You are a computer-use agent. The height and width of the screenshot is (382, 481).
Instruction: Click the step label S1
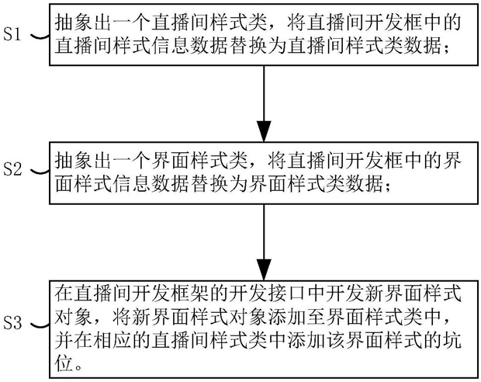tap(12, 33)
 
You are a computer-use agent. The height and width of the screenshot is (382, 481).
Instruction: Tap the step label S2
tap(12, 168)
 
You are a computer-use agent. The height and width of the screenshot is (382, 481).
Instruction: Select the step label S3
tap(12, 323)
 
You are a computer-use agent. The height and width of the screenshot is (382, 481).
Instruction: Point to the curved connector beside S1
tap(40, 36)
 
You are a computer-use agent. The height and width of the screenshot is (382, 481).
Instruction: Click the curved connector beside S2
tap(40, 172)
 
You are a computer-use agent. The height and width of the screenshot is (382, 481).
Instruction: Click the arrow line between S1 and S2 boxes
tap(264, 103)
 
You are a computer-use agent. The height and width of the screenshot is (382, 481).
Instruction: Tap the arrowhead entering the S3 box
tap(264, 270)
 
